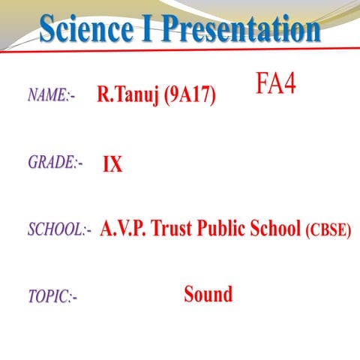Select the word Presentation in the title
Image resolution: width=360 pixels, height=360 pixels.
pyautogui.click(x=239, y=29)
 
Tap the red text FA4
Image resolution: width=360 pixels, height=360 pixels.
pyautogui.click(x=275, y=83)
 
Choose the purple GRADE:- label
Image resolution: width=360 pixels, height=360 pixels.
pyautogui.click(x=55, y=162)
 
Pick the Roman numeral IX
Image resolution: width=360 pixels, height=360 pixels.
pyautogui.click(x=112, y=164)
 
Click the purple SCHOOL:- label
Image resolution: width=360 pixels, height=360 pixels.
pyautogui.click(x=59, y=229)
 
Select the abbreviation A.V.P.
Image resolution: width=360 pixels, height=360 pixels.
pyautogui.click(x=123, y=229)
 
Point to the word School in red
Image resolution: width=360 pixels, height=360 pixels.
pyautogui.click(x=275, y=229)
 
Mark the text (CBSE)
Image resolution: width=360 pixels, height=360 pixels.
pyautogui.click(x=328, y=230)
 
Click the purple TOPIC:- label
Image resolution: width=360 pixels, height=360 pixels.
pyautogui.click(x=52, y=297)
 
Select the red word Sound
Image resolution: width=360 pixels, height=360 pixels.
pyautogui.click(x=208, y=294)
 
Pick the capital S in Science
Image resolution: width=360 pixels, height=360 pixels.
pyautogui.click(x=49, y=29)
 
